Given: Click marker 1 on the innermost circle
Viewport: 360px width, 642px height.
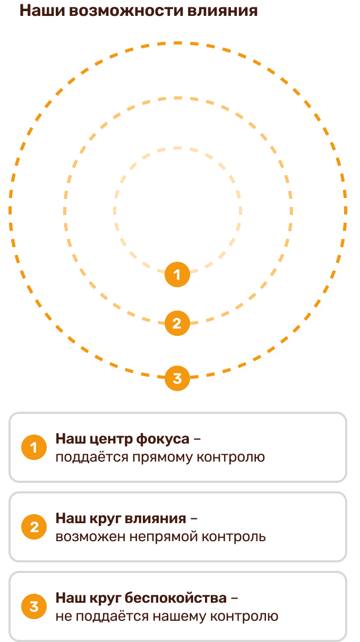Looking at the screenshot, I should point(177,275).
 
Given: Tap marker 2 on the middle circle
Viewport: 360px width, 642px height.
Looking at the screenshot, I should point(177,323).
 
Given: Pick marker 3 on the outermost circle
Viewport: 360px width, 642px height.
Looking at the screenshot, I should point(177,378).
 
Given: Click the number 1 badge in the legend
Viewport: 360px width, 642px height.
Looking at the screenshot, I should point(34,448).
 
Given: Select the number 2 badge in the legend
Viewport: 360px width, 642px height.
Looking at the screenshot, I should point(34,527).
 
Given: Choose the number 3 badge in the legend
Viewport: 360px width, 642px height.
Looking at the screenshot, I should point(34,606).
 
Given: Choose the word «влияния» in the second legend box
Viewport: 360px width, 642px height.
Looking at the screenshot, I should point(159,518).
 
